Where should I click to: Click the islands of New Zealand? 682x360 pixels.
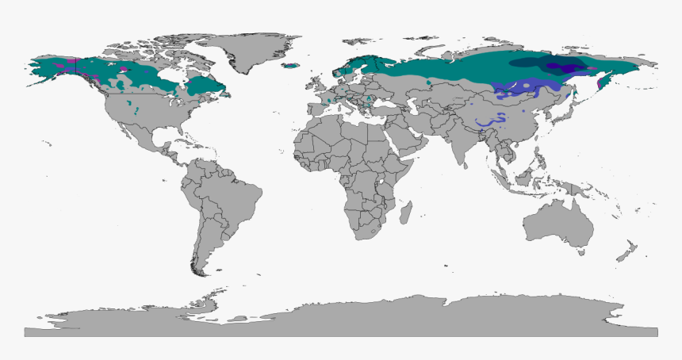click(x=629, y=252)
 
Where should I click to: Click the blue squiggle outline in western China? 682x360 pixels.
click(x=492, y=120)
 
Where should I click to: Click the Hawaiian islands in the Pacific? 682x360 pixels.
click(x=49, y=145)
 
